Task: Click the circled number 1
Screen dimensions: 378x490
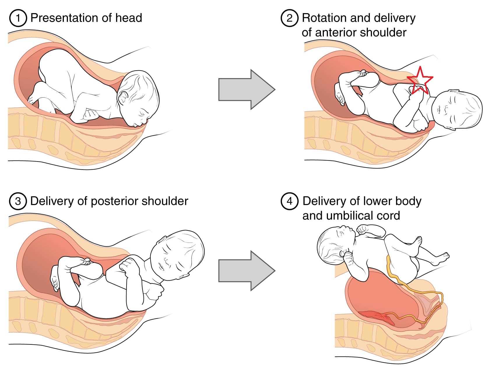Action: pos(18,18)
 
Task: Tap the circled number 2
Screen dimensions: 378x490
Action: pos(289,18)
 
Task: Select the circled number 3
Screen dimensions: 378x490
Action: pos(18,201)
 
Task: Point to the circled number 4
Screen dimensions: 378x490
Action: pos(289,201)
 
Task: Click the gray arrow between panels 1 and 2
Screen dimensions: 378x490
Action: pos(247,89)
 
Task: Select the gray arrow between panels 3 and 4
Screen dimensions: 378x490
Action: pos(247,271)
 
